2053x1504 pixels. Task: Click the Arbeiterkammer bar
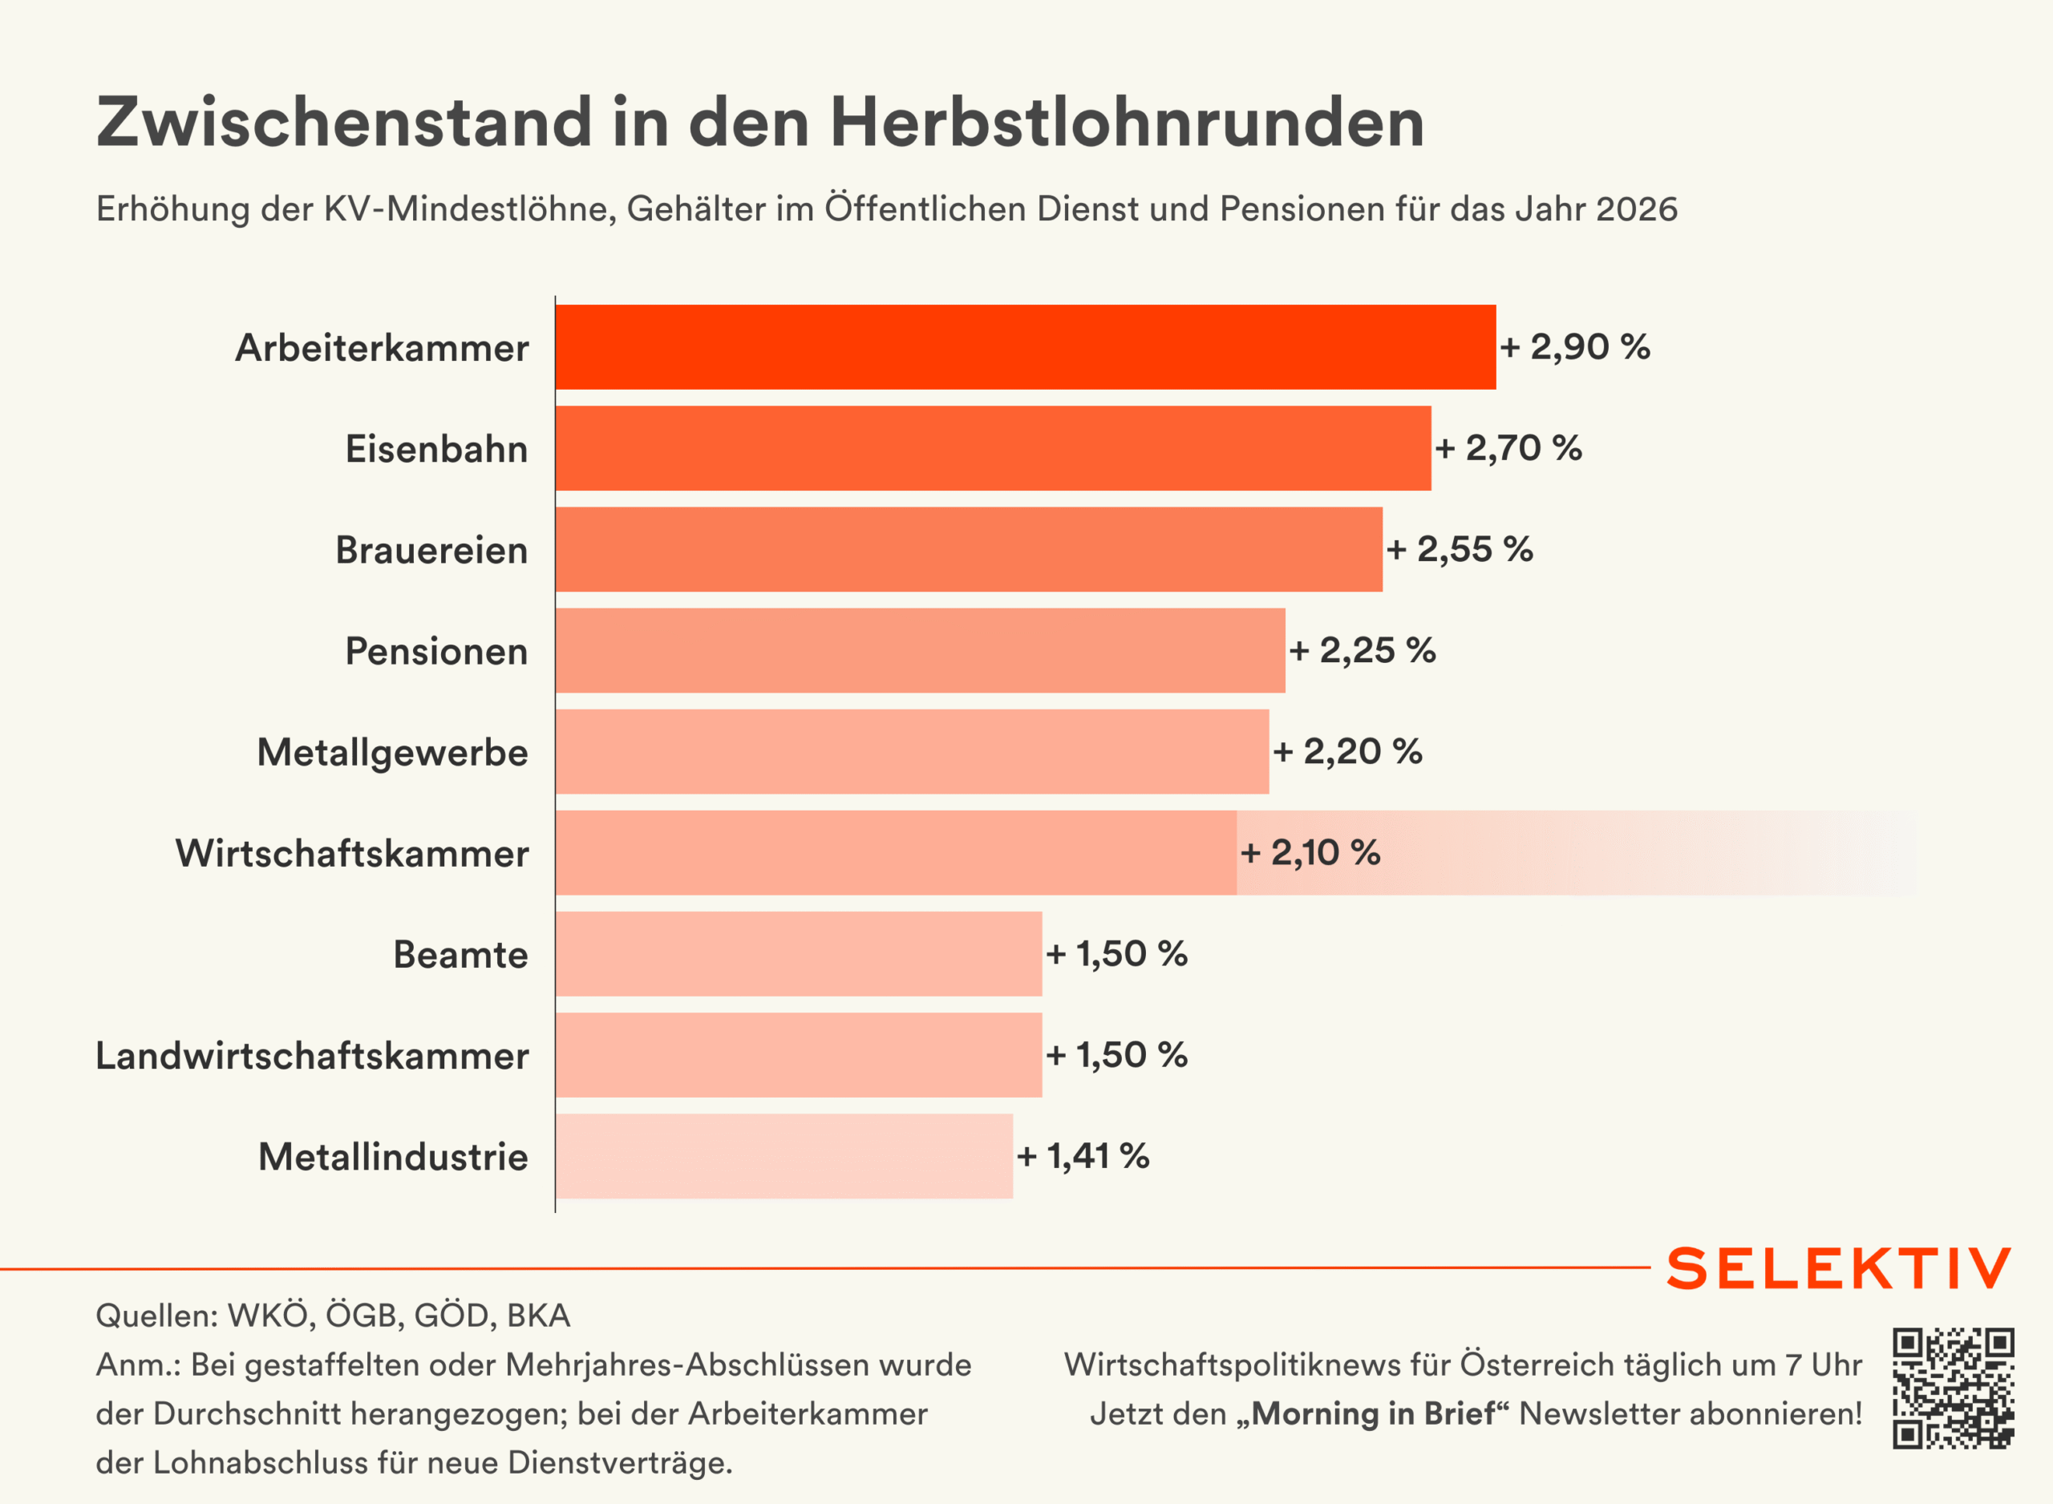coord(1025,347)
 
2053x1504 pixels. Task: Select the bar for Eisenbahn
coord(992,448)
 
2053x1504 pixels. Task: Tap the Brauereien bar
coord(969,549)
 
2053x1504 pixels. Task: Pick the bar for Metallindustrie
coord(784,1155)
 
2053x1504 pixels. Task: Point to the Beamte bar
coord(799,953)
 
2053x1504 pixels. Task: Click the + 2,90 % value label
coord(1575,347)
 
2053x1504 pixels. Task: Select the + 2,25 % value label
coord(1362,650)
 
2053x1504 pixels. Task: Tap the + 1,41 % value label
coord(1083,1155)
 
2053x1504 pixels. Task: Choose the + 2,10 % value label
coord(1310,852)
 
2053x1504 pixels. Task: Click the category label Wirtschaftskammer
coord(351,853)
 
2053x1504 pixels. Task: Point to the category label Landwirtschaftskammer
coord(311,1055)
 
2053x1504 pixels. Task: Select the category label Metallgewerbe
coord(392,752)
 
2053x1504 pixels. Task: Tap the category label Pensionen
coord(436,651)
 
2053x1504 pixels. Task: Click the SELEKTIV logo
coord(1839,1268)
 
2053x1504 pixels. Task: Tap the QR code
coord(1953,1388)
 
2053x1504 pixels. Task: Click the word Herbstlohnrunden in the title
coord(1127,122)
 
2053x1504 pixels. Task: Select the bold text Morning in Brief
coord(1373,1414)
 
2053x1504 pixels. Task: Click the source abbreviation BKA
coord(538,1316)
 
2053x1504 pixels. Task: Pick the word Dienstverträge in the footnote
coord(619,1462)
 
